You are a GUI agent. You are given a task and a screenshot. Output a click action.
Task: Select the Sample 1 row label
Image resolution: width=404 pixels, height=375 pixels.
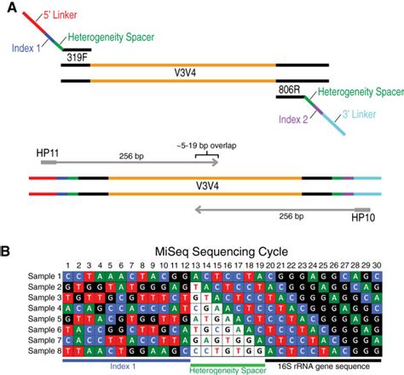click(41, 275)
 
